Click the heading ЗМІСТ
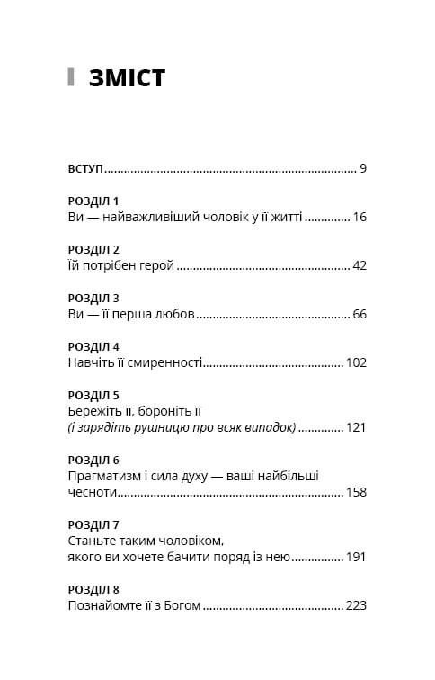(127, 78)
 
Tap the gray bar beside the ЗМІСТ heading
(71, 77)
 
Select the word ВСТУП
(85, 168)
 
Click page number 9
(362, 168)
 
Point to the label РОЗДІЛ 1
(93, 201)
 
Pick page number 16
(360, 217)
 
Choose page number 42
(360, 265)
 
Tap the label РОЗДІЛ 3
(93, 298)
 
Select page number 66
(360, 314)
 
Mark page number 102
(356, 362)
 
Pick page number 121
(356, 427)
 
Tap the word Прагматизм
(105, 476)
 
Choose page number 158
(356, 492)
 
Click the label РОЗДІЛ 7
(93, 524)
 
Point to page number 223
(356, 605)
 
